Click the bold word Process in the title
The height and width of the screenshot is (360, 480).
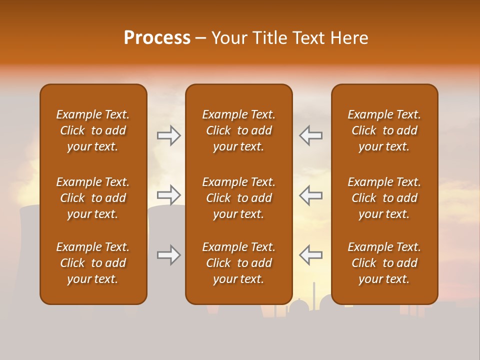coord(157,38)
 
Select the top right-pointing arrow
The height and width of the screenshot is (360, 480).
coord(168,135)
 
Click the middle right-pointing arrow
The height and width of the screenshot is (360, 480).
coord(168,194)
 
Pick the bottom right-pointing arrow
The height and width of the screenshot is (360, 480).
coord(168,255)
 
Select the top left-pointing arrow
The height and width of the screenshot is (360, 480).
coord(310,135)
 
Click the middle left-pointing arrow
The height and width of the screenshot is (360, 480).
coord(310,194)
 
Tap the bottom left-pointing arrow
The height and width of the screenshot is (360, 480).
coord(310,255)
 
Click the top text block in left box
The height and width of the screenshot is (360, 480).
coord(93,130)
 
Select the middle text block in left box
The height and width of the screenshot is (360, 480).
coord(93,198)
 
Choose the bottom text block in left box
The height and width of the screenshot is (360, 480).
coord(93,263)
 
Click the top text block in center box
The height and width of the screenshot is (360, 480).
coord(238,130)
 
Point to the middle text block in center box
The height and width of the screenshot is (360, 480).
coord(238,198)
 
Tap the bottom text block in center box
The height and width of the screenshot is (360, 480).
coord(238,263)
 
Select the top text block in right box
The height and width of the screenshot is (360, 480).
coord(384,130)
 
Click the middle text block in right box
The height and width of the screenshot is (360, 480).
coord(384,198)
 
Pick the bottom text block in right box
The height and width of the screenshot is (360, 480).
coord(384,263)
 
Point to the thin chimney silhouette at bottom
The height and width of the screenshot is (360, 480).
coord(314,295)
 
